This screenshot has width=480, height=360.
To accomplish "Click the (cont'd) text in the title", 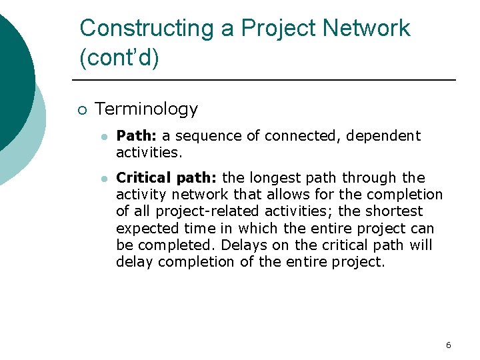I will pyautogui.click(x=119, y=58).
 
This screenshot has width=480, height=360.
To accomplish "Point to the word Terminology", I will pyautogui.click(x=147, y=109).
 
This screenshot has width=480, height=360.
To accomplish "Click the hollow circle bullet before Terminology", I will pyautogui.click(x=81, y=110).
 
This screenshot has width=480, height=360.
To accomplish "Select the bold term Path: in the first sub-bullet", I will pyautogui.click(x=137, y=136).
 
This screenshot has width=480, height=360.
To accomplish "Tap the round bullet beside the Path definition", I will pyautogui.click(x=103, y=137).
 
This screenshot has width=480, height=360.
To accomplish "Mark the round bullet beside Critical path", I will pyautogui.click(x=103, y=179).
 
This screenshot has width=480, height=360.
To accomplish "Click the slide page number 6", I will pyautogui.click(x=448, y=345).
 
